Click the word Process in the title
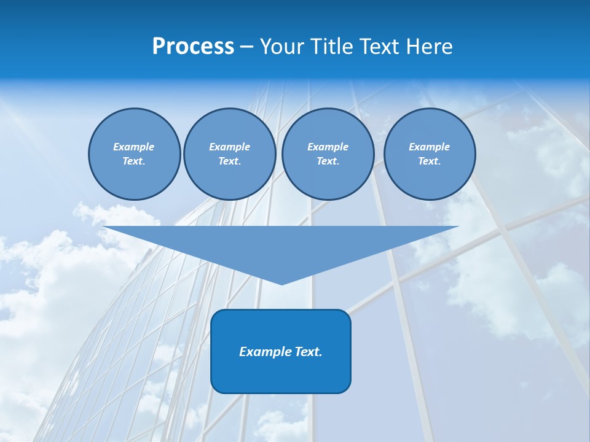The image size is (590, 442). click(193, 47)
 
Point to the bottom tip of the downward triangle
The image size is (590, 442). click(281, 284)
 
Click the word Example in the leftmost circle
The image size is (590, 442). click(134, 147)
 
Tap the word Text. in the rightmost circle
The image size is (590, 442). click(429, 161)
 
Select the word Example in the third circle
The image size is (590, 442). click(328, 147)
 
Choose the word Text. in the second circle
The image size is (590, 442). click(229, 161)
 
